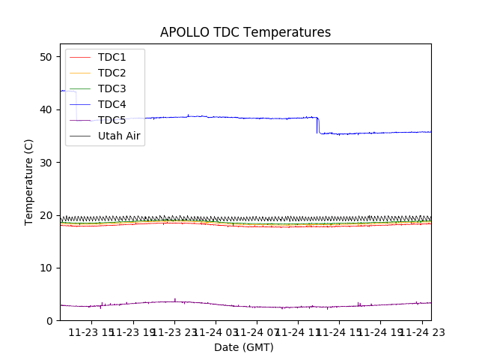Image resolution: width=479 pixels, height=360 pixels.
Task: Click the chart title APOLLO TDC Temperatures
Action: click(x=245, y=32)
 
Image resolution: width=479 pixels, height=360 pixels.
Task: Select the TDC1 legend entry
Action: click(x=112, y=57)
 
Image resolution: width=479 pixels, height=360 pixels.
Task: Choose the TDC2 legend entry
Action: click(x=112, y=73)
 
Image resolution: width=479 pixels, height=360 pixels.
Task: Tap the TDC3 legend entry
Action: click(x=112, y=88)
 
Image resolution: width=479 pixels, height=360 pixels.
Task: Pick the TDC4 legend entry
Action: click(x=112, y=104)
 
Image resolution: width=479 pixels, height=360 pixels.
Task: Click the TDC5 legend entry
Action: click(x=112, y=120)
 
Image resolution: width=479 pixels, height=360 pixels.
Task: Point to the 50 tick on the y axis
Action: click(x=46, y=57)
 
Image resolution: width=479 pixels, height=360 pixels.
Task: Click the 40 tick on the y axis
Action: click(x=46, y=109)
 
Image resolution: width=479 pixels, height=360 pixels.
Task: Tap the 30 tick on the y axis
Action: click(x=46, y=162)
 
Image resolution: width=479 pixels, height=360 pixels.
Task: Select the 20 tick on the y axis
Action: click(x=46, y=215)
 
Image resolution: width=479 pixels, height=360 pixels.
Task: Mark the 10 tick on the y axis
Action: click(x=46, y=268)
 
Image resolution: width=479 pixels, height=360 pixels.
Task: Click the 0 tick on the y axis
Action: click(x=49, y=320)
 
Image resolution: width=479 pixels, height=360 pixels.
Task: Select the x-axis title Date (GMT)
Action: click(x=244, y=347)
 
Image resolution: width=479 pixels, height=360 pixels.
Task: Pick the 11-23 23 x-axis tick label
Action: click(x=174, y=332)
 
